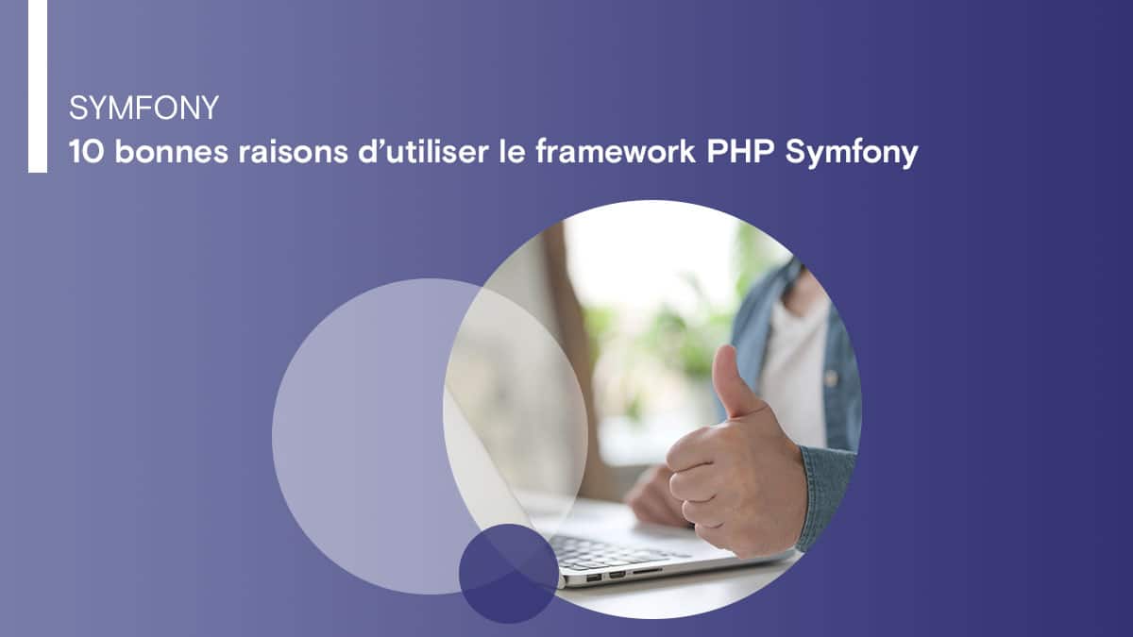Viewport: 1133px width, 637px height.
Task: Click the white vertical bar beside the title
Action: point(37,86)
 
